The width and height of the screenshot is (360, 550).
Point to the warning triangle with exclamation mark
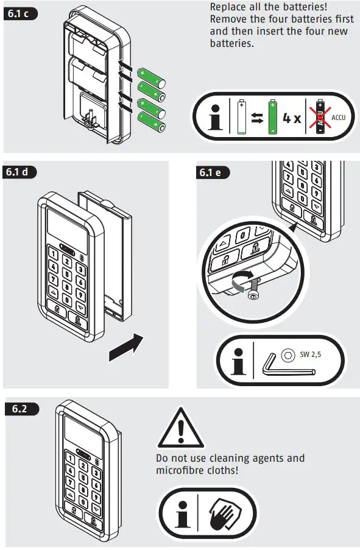click(180, 429)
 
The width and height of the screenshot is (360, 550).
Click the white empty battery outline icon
click(242, 118)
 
